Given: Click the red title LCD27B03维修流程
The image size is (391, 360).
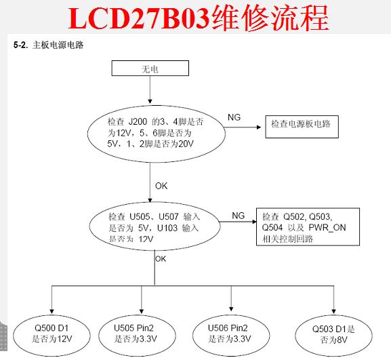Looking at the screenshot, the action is pyautogui.click(x=199, y=18).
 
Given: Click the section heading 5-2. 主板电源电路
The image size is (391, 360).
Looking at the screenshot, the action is pyautogui.click(x=48, y=45).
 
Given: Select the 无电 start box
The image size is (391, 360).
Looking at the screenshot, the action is pyautogui.click(x=150, y=68).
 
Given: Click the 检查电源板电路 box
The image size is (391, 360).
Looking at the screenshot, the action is pyautogui.click(x=302, y=127).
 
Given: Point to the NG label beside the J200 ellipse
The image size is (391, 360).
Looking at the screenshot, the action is pyautogui.click(x=234, y=117).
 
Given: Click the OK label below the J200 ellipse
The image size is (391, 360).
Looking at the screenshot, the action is pyautogui.click(x=161, y=186).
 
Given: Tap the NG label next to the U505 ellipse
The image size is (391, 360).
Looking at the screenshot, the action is pyautogui.click(x=238, y=216).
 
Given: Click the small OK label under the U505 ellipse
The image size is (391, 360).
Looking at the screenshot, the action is pyautogui.click(x=161, y=259).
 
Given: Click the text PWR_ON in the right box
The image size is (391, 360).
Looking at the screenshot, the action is pyautogui.click(x=327, y=228).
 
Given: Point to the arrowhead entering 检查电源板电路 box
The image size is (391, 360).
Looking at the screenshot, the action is pyautogui.click(x=259, y=127).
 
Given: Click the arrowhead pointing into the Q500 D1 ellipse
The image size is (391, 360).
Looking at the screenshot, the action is pyautogui.click(x=52, y=311).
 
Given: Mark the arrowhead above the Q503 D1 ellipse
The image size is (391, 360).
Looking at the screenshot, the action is pyautogui.click(x=333, y=311).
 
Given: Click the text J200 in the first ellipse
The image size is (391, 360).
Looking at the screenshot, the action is pyautogui.click(x=138, y=122).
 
